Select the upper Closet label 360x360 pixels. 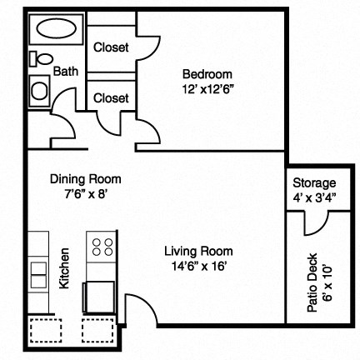click(x=111, y=47)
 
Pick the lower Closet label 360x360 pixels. click(x=111, y=98)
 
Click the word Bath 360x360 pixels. click(x=66, y=72)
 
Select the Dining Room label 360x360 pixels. click(x=86, y=178)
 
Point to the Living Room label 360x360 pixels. click(x=197, y=251)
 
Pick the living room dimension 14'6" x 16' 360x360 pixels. click(x=197, y=266)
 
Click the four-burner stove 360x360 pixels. click(x=102, y=247)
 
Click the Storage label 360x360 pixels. click(x=314, y=183)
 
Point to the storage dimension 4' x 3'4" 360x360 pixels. click(x=314, y=198)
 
